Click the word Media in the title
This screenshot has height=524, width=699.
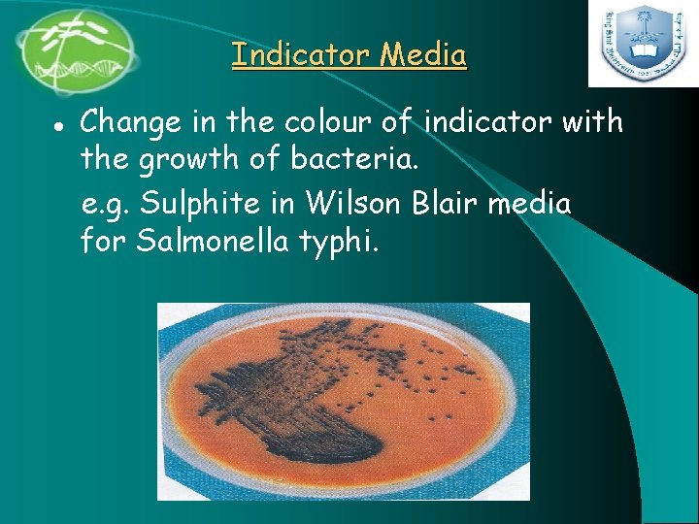[423, 55]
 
